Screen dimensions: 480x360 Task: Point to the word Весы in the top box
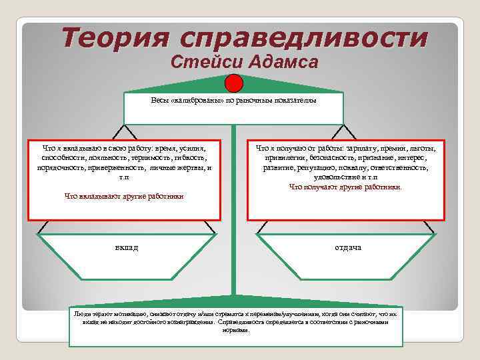161,101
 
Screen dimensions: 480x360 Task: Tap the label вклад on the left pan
126,248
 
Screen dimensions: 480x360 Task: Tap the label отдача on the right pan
348,248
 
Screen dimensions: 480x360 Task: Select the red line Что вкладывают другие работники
124,197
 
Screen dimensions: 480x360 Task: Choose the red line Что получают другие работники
345,188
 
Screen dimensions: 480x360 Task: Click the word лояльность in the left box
99,158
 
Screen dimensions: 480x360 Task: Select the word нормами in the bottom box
237,330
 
